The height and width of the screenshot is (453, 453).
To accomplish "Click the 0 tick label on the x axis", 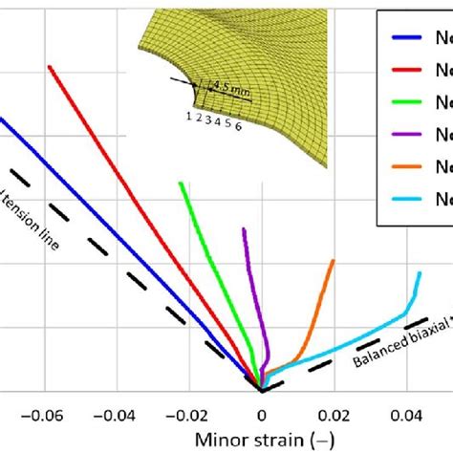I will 261,415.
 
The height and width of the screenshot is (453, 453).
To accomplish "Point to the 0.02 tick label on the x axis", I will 334,415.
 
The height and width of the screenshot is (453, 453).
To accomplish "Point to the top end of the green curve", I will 180,182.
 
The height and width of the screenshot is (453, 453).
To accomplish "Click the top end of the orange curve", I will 334,260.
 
